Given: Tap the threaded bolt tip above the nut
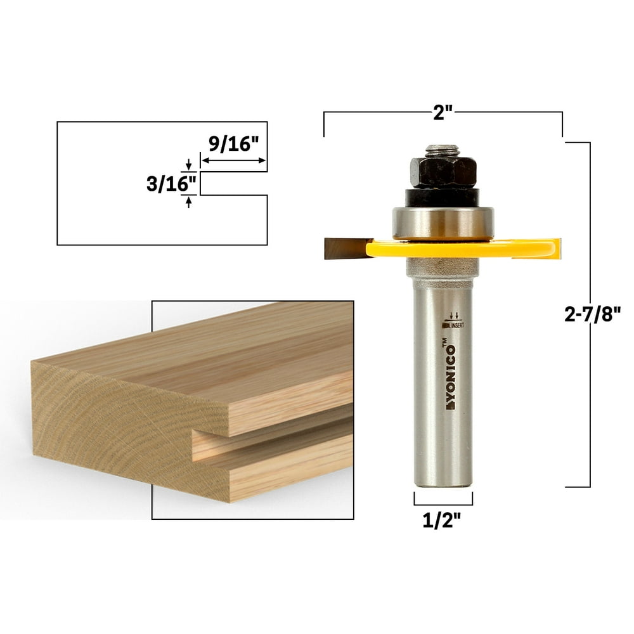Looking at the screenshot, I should coord(443,150).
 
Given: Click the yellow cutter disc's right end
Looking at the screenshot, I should coord(550,249).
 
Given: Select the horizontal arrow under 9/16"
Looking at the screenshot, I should coord(233,161).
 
